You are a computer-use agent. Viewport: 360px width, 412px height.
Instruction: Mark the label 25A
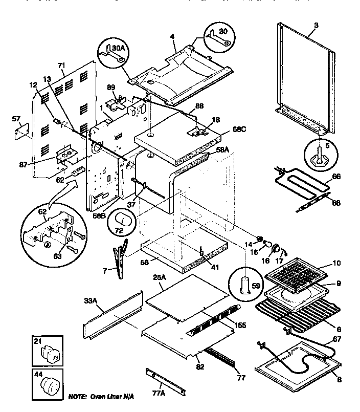coord(160,277)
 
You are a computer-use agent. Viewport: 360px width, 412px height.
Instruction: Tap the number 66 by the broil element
coord(335,177)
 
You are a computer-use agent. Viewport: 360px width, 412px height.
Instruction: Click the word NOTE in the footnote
coord(78,397)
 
